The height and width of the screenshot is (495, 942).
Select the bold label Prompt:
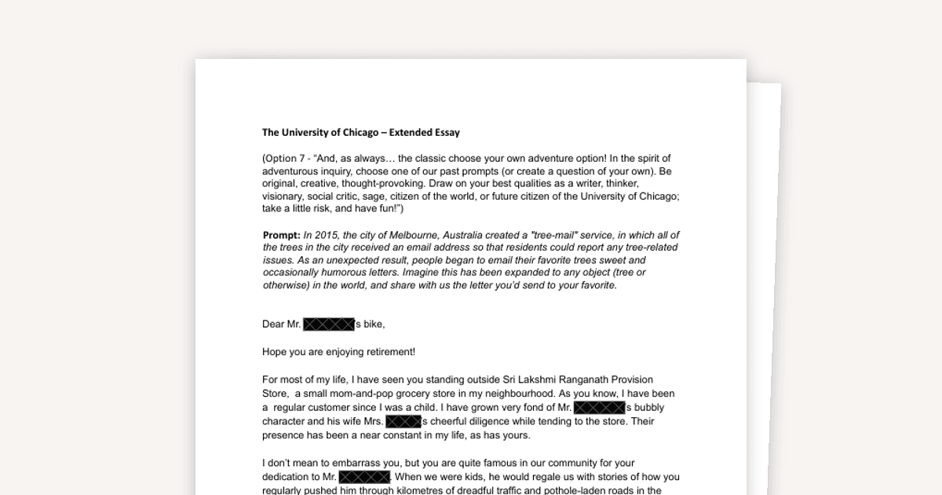click(x=281, y=235)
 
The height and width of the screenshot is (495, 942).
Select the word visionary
click(x=284, y=196)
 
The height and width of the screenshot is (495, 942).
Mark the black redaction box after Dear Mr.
click(x=329, y=324)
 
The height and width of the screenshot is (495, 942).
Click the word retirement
click(x=384, y=352)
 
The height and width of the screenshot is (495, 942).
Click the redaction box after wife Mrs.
click(x=403, y=421)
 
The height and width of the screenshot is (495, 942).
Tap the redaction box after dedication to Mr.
click(x=364, y=477)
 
